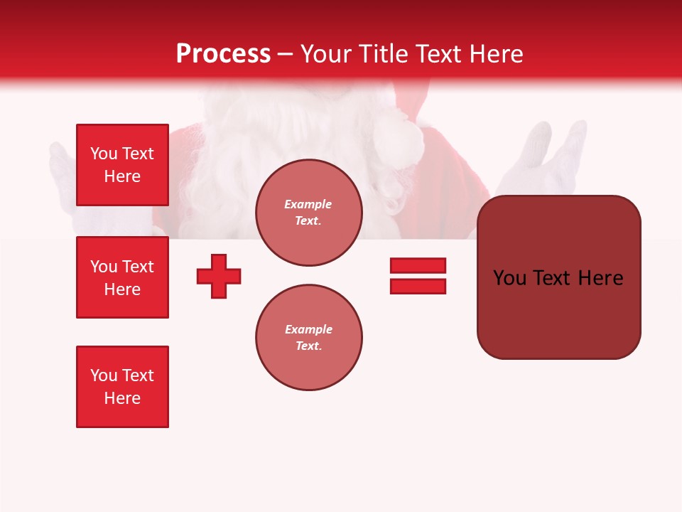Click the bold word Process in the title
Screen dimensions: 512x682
click(223, 54)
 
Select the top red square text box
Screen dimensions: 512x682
click(122, 165)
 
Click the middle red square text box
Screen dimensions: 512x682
click(122, 277)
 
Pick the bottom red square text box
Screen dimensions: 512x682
click(122, 387)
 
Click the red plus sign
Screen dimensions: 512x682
click(219, 276)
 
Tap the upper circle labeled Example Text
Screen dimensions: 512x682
click(308, 213)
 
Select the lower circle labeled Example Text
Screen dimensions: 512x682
click(308, 338)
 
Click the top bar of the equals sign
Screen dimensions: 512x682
click(418, 265)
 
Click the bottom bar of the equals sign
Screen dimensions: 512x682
click(418, 286)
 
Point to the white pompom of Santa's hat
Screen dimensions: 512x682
click(401, 135)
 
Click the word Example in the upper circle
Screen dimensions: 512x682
click(308, 204)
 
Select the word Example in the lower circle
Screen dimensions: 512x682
click(308, 329)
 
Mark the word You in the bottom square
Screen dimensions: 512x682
click(102, 375)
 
